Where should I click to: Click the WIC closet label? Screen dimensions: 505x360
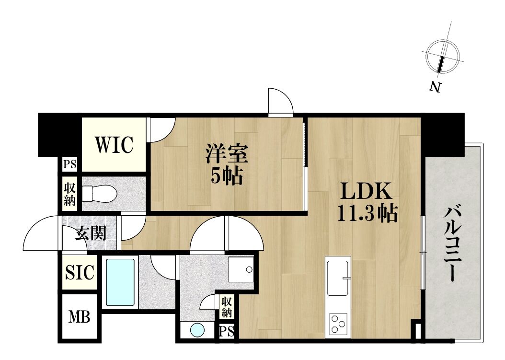pyautogui.click(x=114, y=145)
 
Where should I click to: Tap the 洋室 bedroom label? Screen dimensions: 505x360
pyautogui.click(x=227, y=154)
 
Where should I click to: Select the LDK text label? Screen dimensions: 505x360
pyautogui.click(x=367, y=191)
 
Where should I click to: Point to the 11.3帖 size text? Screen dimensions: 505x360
pyautogui.click(x=367, y=213)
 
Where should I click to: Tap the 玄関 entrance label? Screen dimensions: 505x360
pyautogui.click(x=91, y=233)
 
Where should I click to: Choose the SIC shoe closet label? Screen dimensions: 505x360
pyautogui.click(x=80, y=272)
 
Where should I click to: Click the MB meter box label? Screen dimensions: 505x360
pyautogui.click(x=79, y=317)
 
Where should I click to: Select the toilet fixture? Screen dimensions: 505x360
pyautogui.click(x=99, y=194)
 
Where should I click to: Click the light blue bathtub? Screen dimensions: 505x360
pyautogui.click(x=120, y=282)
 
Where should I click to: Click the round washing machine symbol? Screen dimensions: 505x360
pyautogui.click(x=197, y=330)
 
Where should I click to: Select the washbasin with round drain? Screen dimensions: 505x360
pyautogui.click(x=241, y=269)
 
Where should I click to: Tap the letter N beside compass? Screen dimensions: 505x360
pyautogui.click(x=435, y=87)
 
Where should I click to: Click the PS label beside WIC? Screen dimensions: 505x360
pyautogui.click(x=69, y=164)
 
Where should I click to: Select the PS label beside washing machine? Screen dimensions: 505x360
pyautogui.click(x=227, y=332)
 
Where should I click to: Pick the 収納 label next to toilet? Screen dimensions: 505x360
pyautogui.click(x=69, y=194)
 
